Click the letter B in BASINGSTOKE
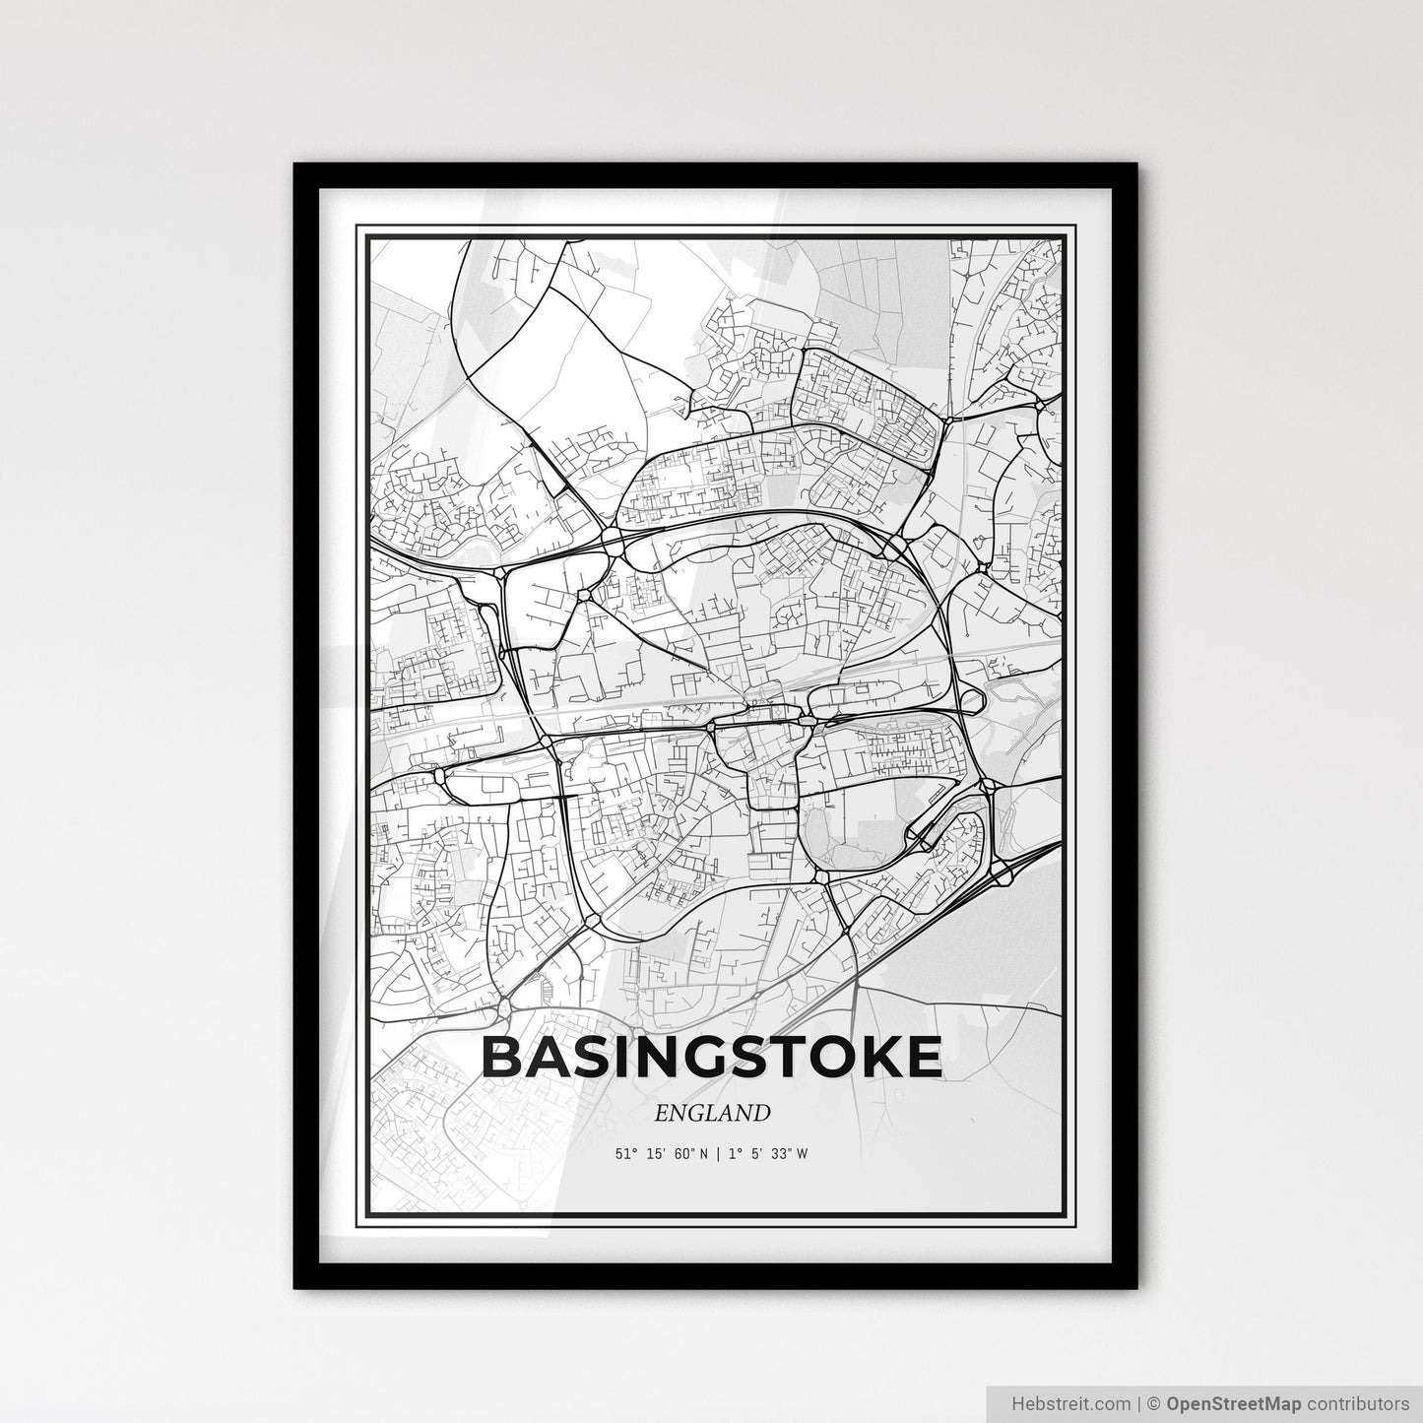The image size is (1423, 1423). (x=502, y=1058)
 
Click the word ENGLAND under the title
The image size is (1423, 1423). (x=711, y=1113)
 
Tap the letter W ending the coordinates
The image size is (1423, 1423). (x=804, y=1154)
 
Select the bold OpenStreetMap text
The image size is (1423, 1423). (x=1228, y=1401)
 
